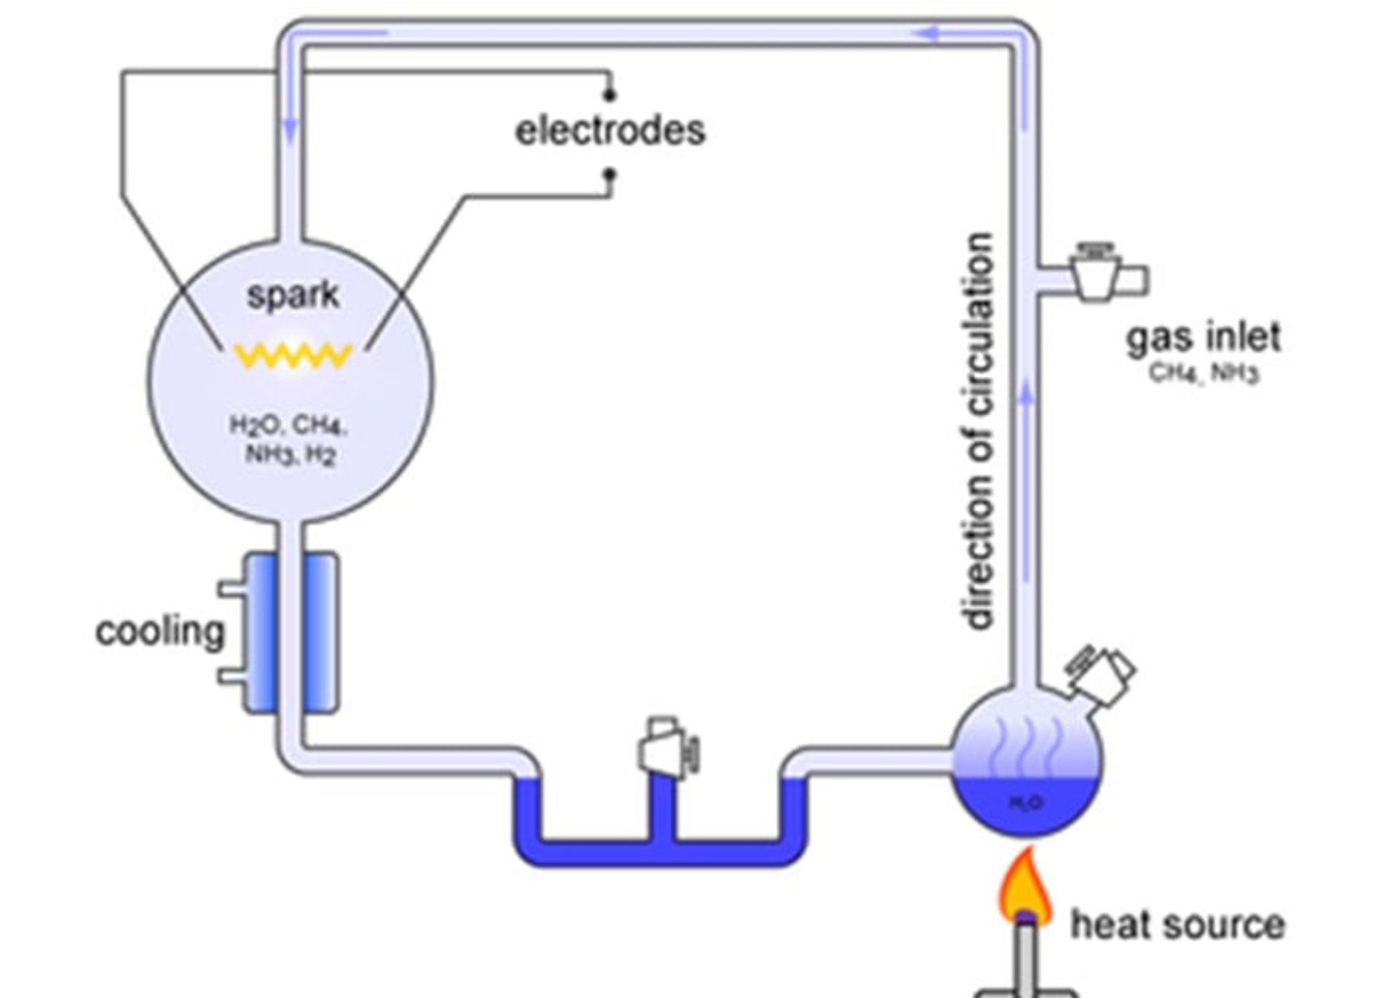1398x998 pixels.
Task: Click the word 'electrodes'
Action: pos(610,131)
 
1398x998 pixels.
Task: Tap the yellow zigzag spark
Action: pos(293,355)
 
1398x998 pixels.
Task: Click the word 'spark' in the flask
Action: pos(293,295)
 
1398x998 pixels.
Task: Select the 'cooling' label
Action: pos(160,631)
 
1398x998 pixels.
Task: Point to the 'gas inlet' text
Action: pos(1204,338)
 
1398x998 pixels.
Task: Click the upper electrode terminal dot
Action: pos(610,94)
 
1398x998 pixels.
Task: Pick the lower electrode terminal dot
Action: pos(610,174)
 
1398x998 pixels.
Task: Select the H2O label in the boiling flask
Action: pos(1027,802)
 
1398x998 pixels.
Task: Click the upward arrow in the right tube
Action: pos(1026,397)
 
